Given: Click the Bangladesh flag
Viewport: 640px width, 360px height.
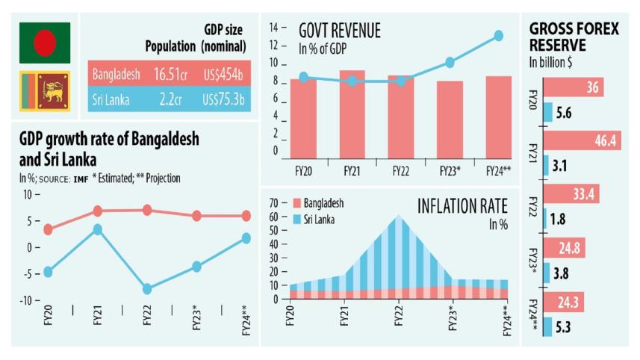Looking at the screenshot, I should [45, 42].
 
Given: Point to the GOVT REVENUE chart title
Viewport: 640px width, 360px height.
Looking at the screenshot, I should [339, 31].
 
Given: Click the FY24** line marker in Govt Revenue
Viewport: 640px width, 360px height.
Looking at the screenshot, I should [498, 35].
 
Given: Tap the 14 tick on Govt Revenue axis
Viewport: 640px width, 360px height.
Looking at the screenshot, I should [273, 27].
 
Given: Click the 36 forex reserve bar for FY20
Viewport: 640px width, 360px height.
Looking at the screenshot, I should [574, 88].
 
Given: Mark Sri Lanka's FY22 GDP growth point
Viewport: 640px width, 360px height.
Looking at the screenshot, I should [147, 289].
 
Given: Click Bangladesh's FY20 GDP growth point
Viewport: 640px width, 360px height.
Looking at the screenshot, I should [49, 229].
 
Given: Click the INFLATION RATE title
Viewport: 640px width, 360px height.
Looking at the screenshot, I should [462, 205].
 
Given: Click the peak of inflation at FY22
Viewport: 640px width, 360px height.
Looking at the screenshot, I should [398, 217].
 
